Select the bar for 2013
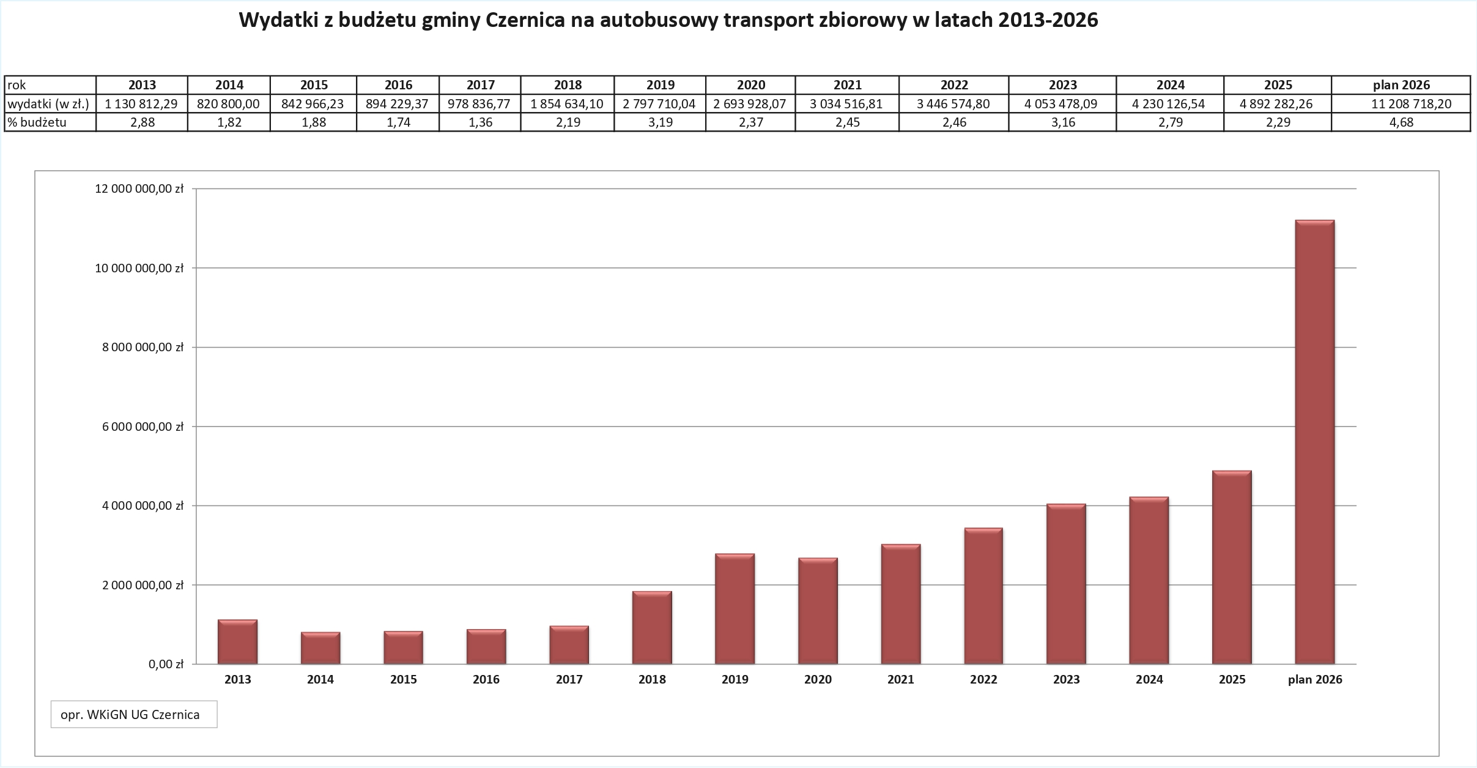click(237, 642)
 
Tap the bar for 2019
click(735, 609)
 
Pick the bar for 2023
click(1066, 584)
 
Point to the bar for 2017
click(569, 645)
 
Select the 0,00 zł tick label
click(166, 664)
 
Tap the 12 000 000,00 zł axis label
click(139, 189)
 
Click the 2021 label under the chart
click(900, 679)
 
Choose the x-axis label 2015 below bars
click(403, 679)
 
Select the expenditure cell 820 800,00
click(228, 104)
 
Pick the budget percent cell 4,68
click(1401, 122)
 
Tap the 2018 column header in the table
click(568, 85)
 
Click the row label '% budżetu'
click(37, 122)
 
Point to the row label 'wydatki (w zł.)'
click(49, 104)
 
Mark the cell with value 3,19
click(660, 122)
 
